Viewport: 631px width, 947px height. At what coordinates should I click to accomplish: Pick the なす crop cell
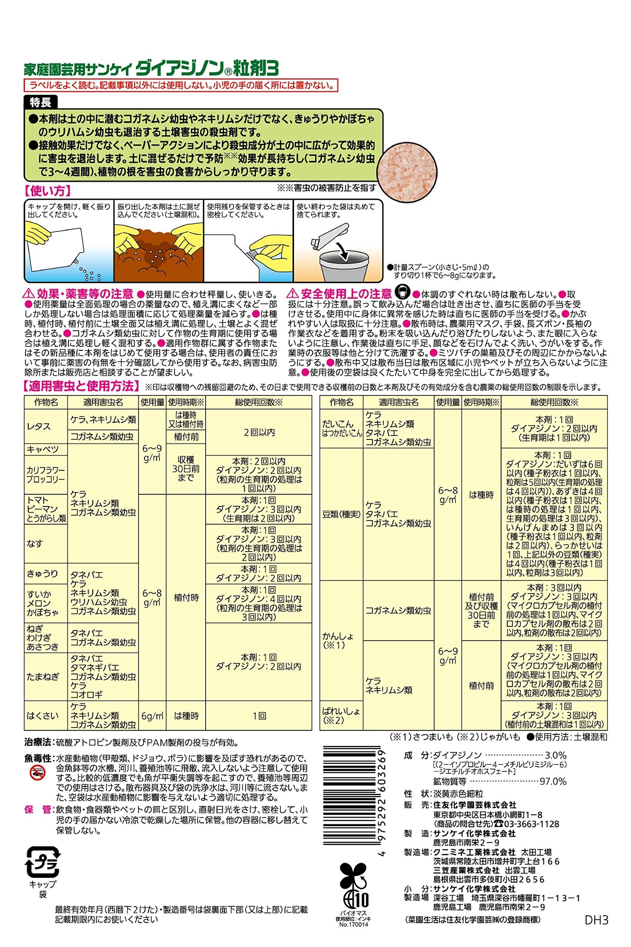pyautogui.click(x=35, y=544)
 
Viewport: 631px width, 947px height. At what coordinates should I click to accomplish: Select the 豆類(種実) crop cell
pyautogui.click(x=341, y=514)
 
